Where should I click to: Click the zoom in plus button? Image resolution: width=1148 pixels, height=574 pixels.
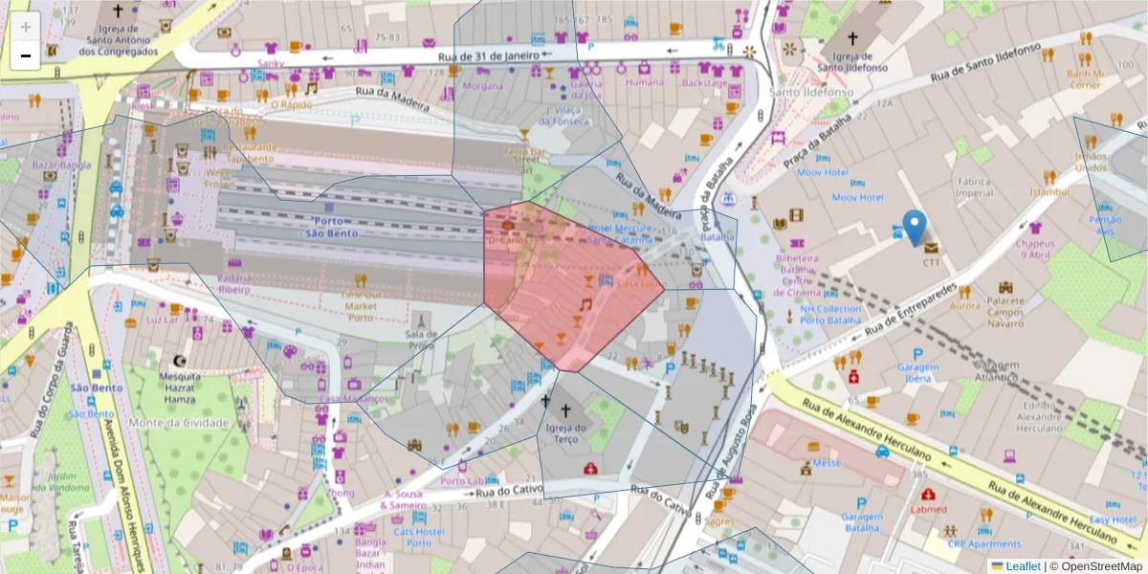(26, 27)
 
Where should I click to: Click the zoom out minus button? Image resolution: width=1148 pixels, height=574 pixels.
(26, 55)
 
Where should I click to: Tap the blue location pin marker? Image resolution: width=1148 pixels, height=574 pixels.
(915, 228)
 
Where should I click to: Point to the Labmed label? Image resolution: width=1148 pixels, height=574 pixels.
(928, 510)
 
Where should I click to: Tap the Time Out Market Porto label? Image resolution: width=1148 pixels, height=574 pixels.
(360, 306)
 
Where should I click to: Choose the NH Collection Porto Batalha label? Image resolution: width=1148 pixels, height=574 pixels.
(831, 315)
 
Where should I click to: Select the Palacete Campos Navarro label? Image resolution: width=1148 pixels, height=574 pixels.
(1005, 312)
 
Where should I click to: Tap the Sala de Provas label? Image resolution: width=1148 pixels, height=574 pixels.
(422, 340)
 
